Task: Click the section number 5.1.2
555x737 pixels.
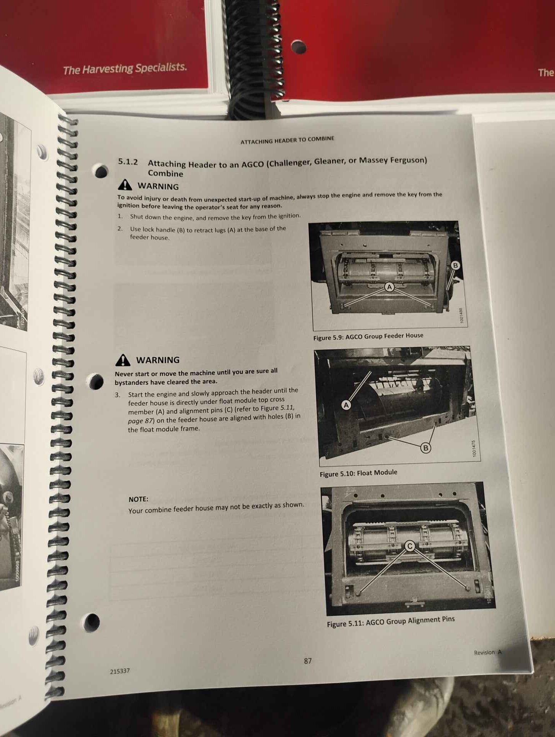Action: click(x=128, y=162)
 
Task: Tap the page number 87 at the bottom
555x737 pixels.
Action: click(x=308, y=661)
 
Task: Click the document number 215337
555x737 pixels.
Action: click(x=120, y=671)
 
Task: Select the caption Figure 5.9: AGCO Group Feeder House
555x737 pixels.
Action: click(x=368, y=336)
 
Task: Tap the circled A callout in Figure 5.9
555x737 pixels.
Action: click(x=389, y=286)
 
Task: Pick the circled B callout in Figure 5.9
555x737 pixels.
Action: click(x=455, y=265)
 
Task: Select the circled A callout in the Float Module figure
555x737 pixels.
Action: click(x=346, y=405)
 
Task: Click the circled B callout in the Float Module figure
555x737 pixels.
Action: click(x=426, y=448)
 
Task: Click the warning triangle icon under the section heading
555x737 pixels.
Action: click(x=125, y=185)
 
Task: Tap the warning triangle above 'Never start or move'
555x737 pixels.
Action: click(x=123, y=360)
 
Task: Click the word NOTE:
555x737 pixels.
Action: click(x=138, y=499)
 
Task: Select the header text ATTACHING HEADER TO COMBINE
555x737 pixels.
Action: click(x=287, y=140)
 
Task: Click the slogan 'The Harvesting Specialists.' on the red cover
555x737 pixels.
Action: click(x=125, y=69)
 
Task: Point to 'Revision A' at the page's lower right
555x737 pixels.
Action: click(x=488, y=652)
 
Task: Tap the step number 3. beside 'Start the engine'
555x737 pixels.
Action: click(x=118, y=395)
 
